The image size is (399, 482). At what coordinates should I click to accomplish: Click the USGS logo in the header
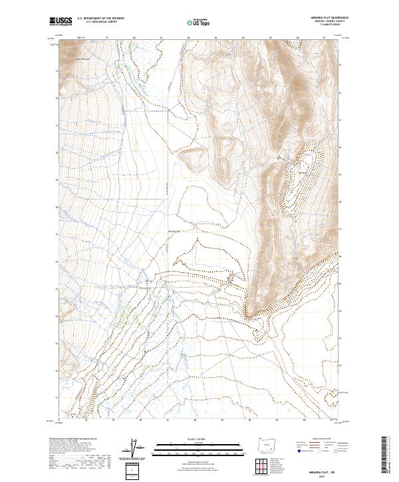[61, 21]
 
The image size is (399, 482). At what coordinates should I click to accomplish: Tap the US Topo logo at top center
[198, 22]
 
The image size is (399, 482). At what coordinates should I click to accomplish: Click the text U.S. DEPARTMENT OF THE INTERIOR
[100, 19]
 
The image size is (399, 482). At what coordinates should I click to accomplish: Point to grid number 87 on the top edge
[324, 38]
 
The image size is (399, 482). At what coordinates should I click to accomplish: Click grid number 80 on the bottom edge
[141, 420]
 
